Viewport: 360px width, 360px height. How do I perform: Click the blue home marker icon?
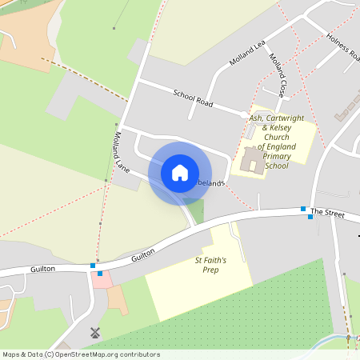[180, 173]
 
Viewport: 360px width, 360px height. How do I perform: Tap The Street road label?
[326, 212]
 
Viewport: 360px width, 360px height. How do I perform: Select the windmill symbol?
[94, 332]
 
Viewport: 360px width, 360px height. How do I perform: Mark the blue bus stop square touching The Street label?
[303, 210]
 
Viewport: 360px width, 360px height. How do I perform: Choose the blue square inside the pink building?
[99, 274]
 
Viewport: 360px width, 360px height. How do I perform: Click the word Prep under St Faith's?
[211, 270]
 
